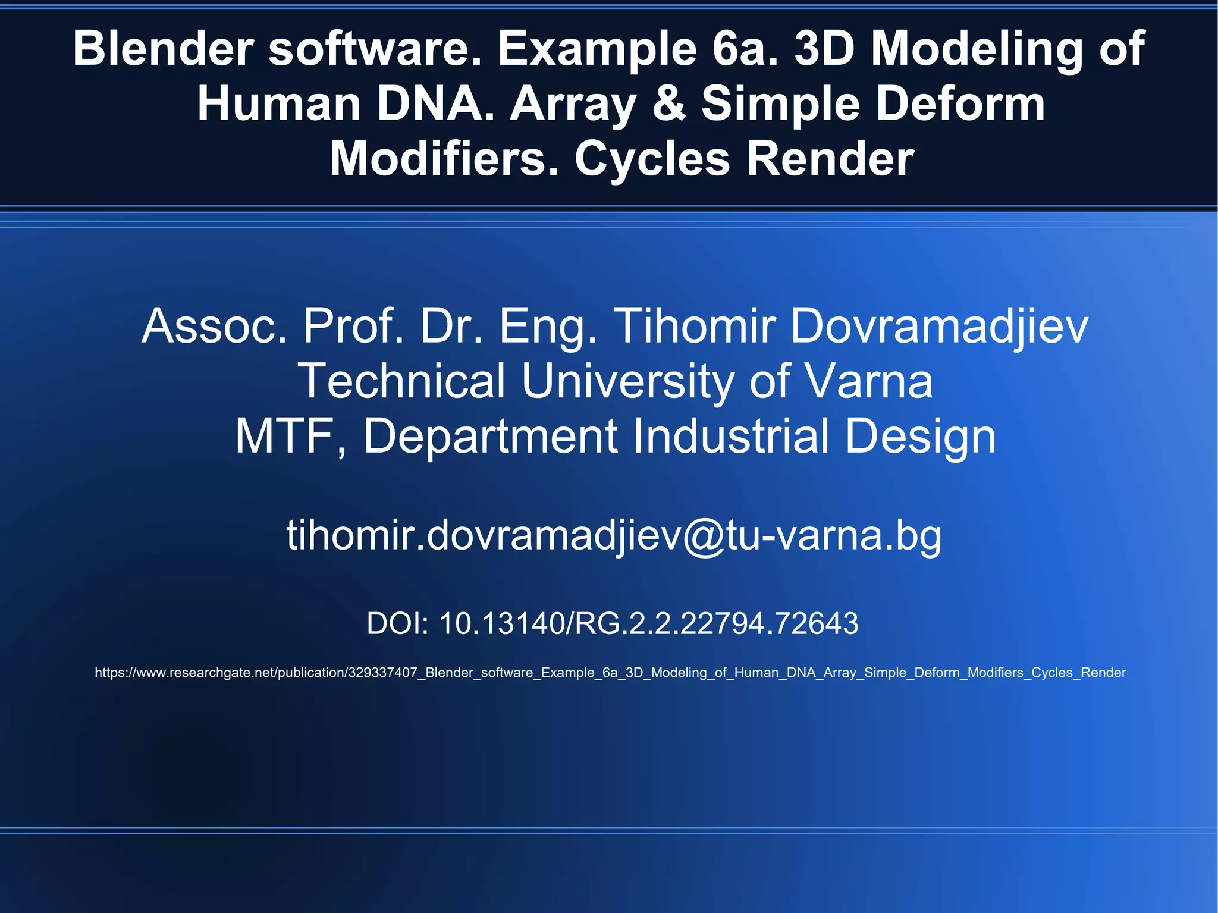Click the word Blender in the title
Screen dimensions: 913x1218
163,49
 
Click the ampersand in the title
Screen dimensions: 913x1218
670,104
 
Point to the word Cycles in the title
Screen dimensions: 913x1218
652,159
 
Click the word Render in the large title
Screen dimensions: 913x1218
830,159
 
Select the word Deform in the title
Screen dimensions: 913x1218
960,104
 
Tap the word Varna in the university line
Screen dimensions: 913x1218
868,381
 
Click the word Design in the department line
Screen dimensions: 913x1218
920,436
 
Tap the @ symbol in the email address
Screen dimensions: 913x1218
704,535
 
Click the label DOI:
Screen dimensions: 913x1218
397,624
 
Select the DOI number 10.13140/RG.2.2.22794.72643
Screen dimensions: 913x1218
648,624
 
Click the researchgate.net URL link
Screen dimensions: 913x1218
610,673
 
